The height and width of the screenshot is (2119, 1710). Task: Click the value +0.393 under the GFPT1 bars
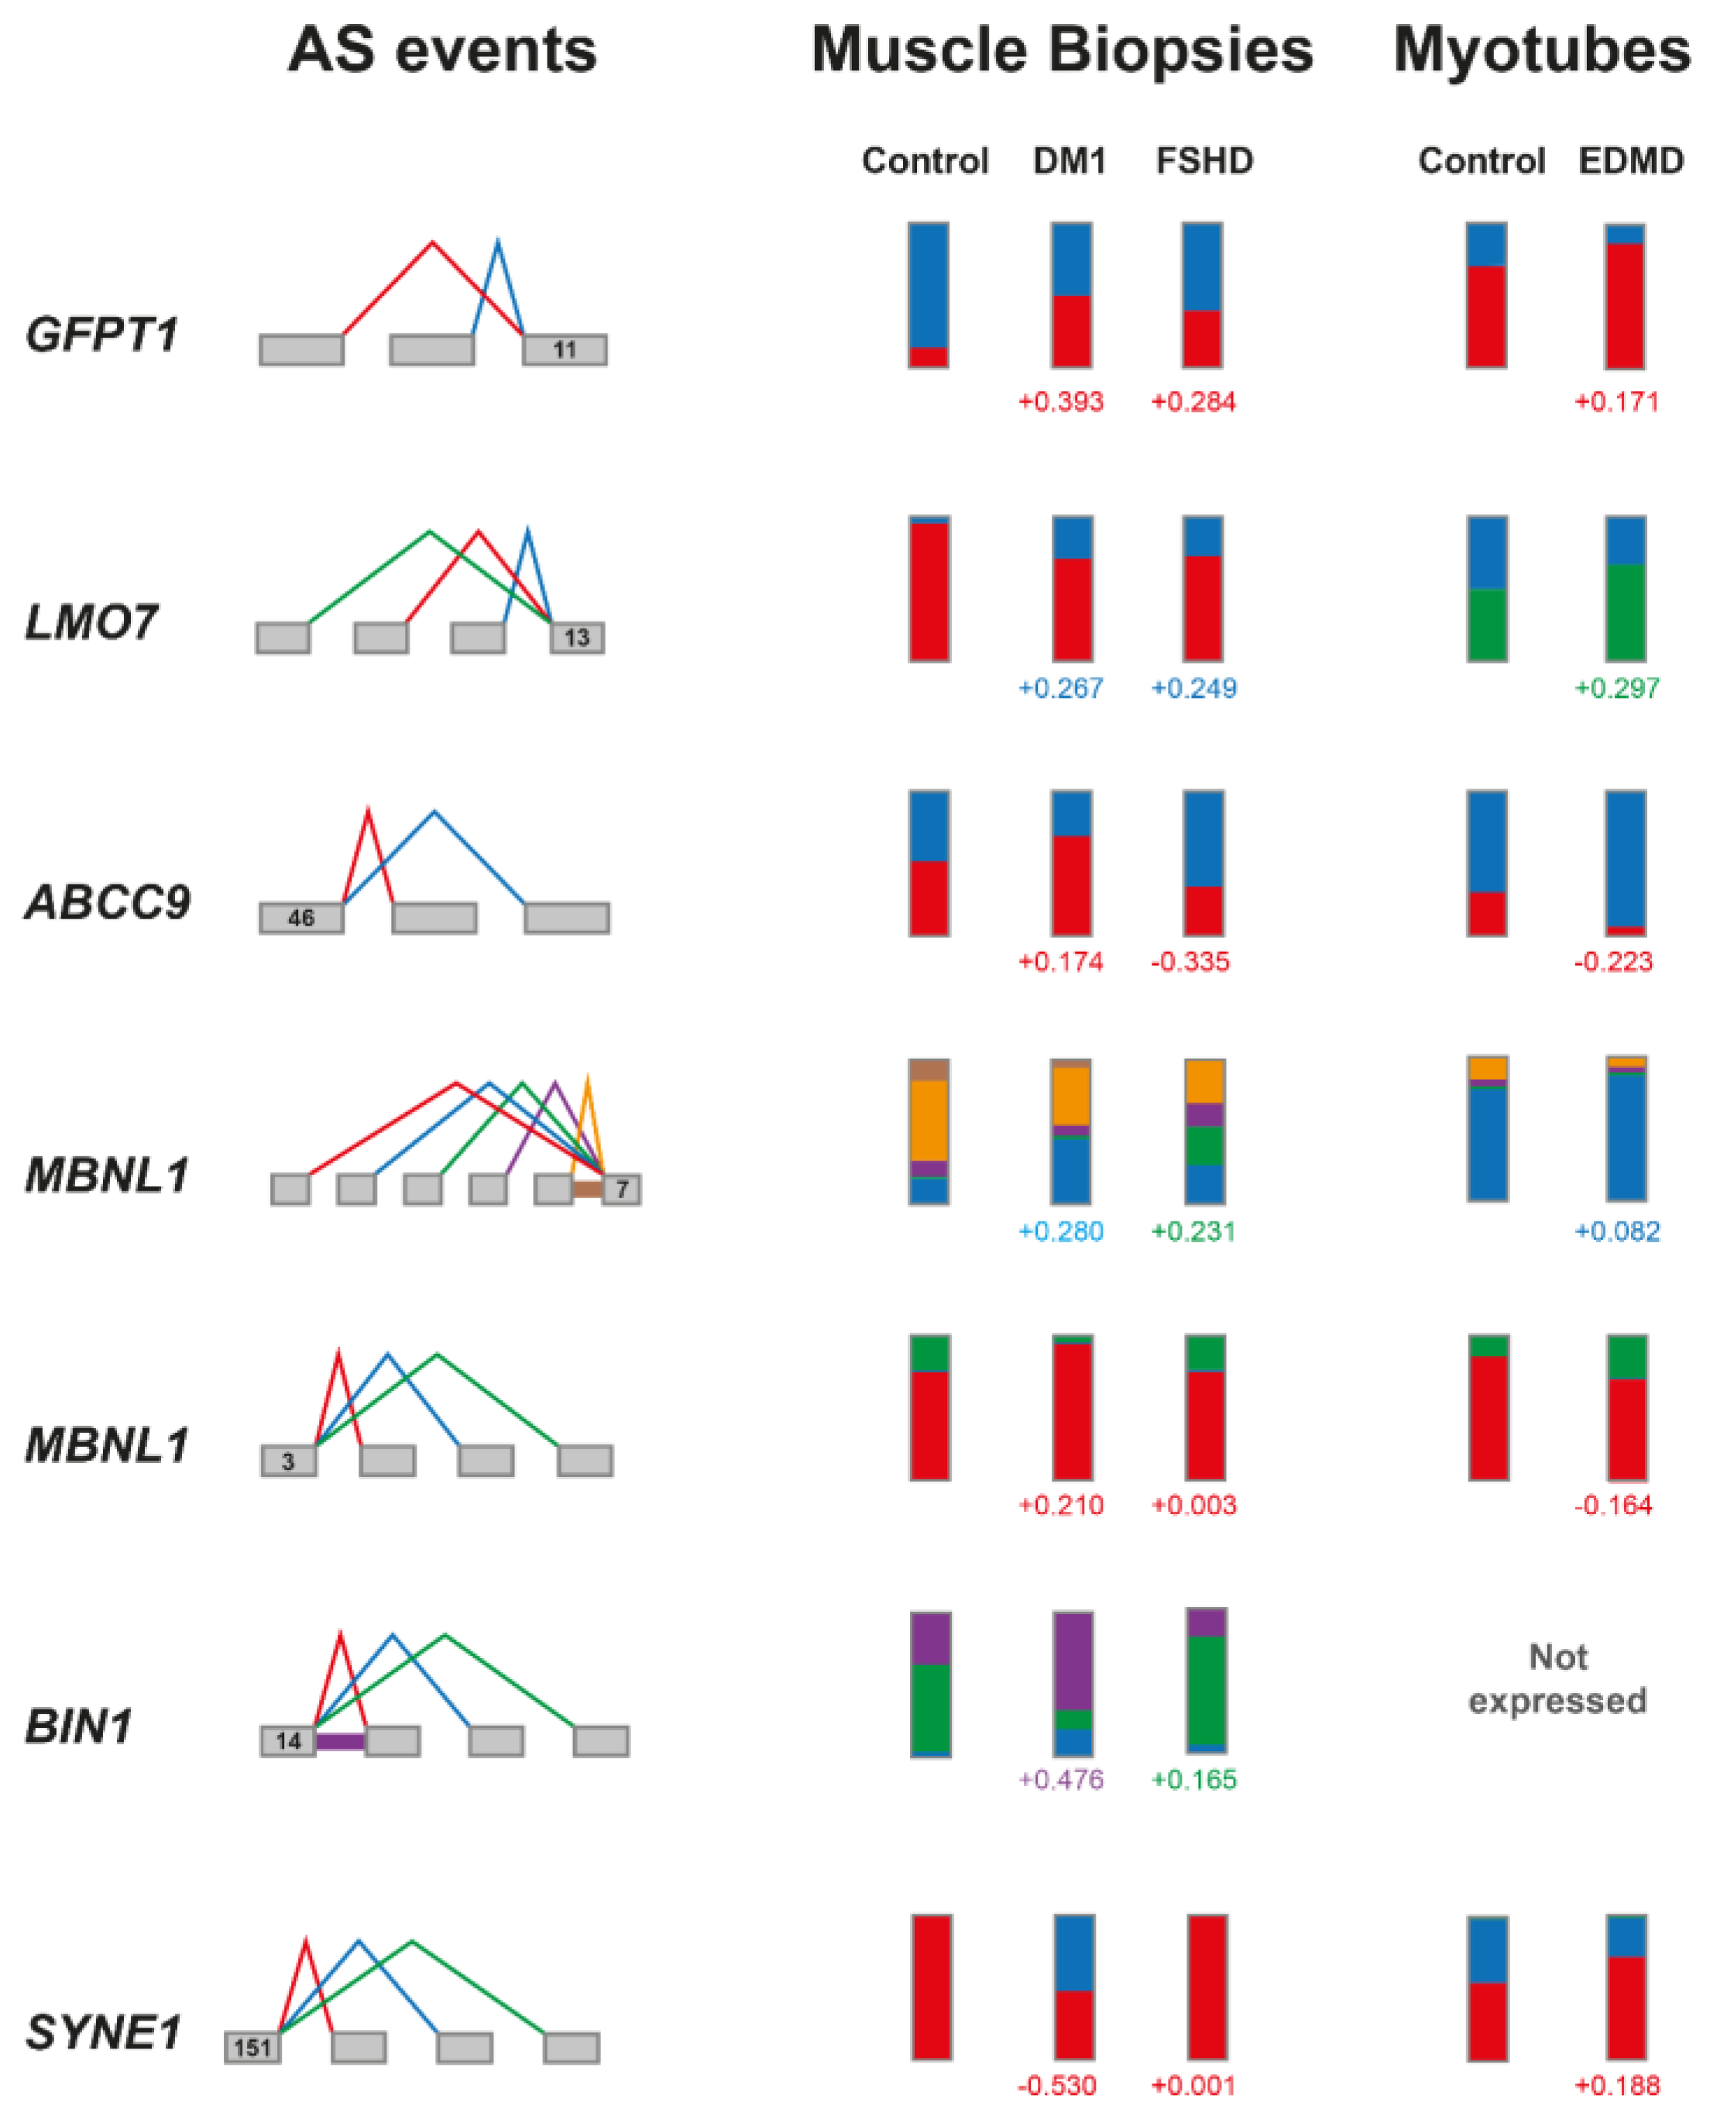pos(1060,402)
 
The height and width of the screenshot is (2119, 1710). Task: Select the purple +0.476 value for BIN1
pos(1060,1779)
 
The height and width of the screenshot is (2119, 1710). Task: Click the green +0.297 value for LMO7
pos(1616,688)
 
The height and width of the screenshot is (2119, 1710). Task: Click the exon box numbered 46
pos(301,918)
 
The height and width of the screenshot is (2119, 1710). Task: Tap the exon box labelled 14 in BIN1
pos(287,1741)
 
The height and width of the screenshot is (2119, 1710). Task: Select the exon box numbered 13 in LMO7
pos(577,637)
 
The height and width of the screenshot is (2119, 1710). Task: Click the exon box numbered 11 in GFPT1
pos(565,350)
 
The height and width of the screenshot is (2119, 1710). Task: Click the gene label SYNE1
pos(105,2032)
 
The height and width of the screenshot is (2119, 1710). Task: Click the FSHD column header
pos(1204,160)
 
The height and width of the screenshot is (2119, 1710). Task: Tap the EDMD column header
pos(1630,160)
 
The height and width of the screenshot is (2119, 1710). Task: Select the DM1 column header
pos(1069,160)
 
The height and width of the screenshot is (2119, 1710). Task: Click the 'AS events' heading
pos(442,50)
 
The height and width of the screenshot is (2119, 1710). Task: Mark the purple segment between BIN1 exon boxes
pos(341,1742)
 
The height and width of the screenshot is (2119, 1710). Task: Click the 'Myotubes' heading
pos(1542,50)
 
